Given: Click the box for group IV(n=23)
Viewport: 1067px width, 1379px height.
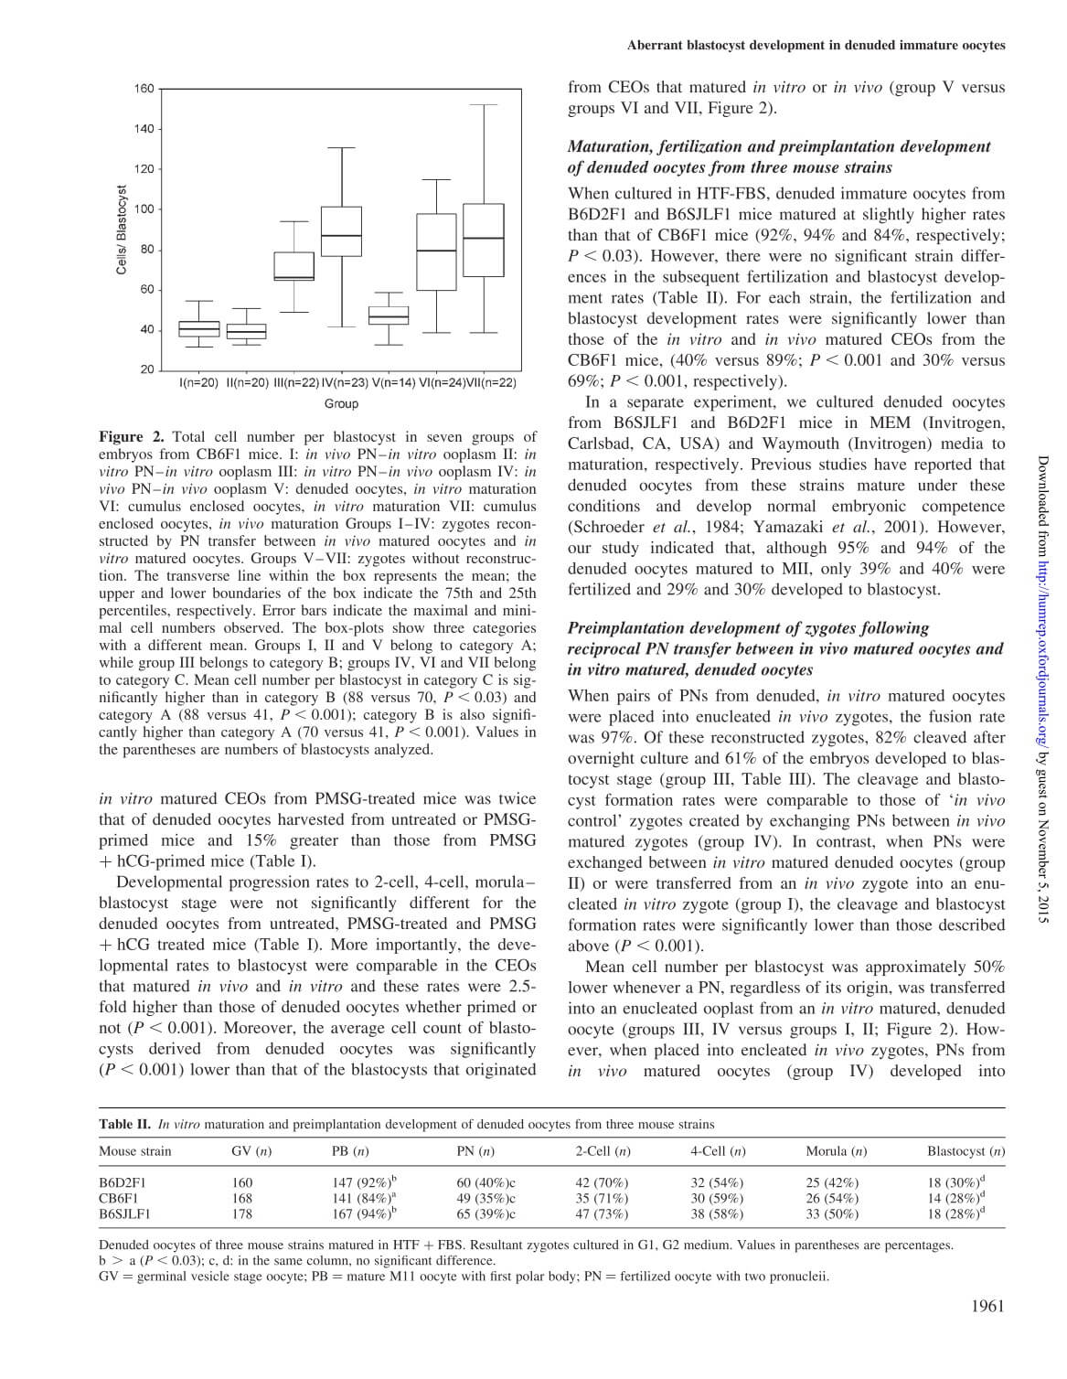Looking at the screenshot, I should click(341, 232).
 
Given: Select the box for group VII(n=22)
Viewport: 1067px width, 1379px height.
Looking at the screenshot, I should click(484, 240).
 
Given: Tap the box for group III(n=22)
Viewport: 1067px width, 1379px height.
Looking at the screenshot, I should click(294, 266).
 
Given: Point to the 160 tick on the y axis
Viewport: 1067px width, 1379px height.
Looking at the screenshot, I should click(144, 89).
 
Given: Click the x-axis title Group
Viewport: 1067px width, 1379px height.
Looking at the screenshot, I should click(341, 403).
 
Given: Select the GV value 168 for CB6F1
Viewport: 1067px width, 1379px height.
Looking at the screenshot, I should click(242, 1198).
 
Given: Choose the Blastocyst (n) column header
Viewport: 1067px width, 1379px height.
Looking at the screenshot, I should click(966, 1150).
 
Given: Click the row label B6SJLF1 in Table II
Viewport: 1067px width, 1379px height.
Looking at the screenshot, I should click(125, 1214).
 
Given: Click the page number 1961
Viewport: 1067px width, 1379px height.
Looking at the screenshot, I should click(987, 1306).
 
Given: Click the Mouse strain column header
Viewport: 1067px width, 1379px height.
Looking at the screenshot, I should click(135, 1150).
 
